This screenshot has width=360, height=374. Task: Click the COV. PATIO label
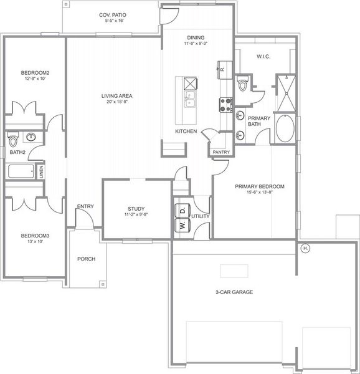[x=113, y=15]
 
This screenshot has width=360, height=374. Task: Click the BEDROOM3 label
[x=35, y=236]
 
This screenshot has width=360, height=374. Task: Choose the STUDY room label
[x=136, y=209]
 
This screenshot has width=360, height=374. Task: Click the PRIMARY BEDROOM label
[x=259, y=186]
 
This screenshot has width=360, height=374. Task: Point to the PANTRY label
[x=221, y=151]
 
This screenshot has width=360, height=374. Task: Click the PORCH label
[x=86, y=259]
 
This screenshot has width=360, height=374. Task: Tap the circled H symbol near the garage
[x=305, y=249]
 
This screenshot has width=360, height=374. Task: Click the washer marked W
[x=183, y=226]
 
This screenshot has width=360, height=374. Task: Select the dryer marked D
[x=183, y=211]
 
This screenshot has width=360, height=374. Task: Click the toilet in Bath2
[x=13, y=138]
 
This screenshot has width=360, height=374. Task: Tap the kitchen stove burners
[x=225, y=104]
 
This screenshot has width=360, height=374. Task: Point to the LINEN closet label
[x=41, y=172]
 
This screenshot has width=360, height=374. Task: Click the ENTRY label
[x=85, y=206]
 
